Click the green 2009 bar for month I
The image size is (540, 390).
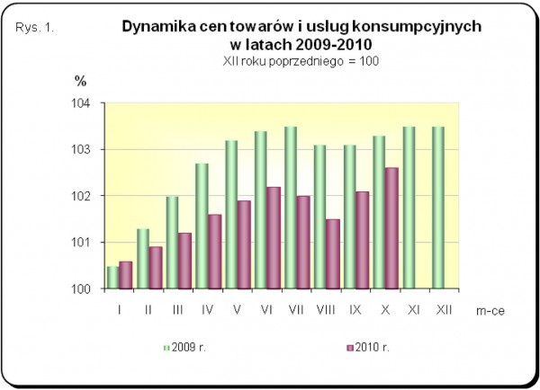tap(112, 278)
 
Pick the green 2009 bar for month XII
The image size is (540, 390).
tap(437, 208)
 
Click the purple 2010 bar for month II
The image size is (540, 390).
tap(156, 268)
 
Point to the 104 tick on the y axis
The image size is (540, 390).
tap(87, 103)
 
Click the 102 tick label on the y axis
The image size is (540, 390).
tap(87, 196)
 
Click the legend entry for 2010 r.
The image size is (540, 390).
tap(364, 346)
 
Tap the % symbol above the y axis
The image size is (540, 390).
tap(80, 81)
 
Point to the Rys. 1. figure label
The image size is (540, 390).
tap(36, 28)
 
